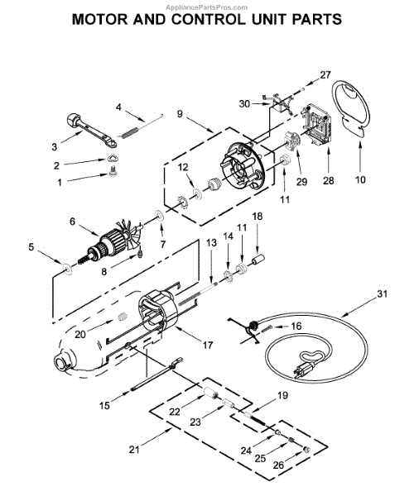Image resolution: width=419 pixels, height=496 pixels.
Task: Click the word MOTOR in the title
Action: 100,19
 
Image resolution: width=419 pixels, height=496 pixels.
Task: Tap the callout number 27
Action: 325,75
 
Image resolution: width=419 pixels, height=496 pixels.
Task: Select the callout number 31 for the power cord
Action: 382,293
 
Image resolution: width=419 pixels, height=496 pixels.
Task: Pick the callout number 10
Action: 360,179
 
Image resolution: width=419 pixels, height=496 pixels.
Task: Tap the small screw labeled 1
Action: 113,173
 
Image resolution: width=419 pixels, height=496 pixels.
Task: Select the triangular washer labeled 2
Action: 112,158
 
